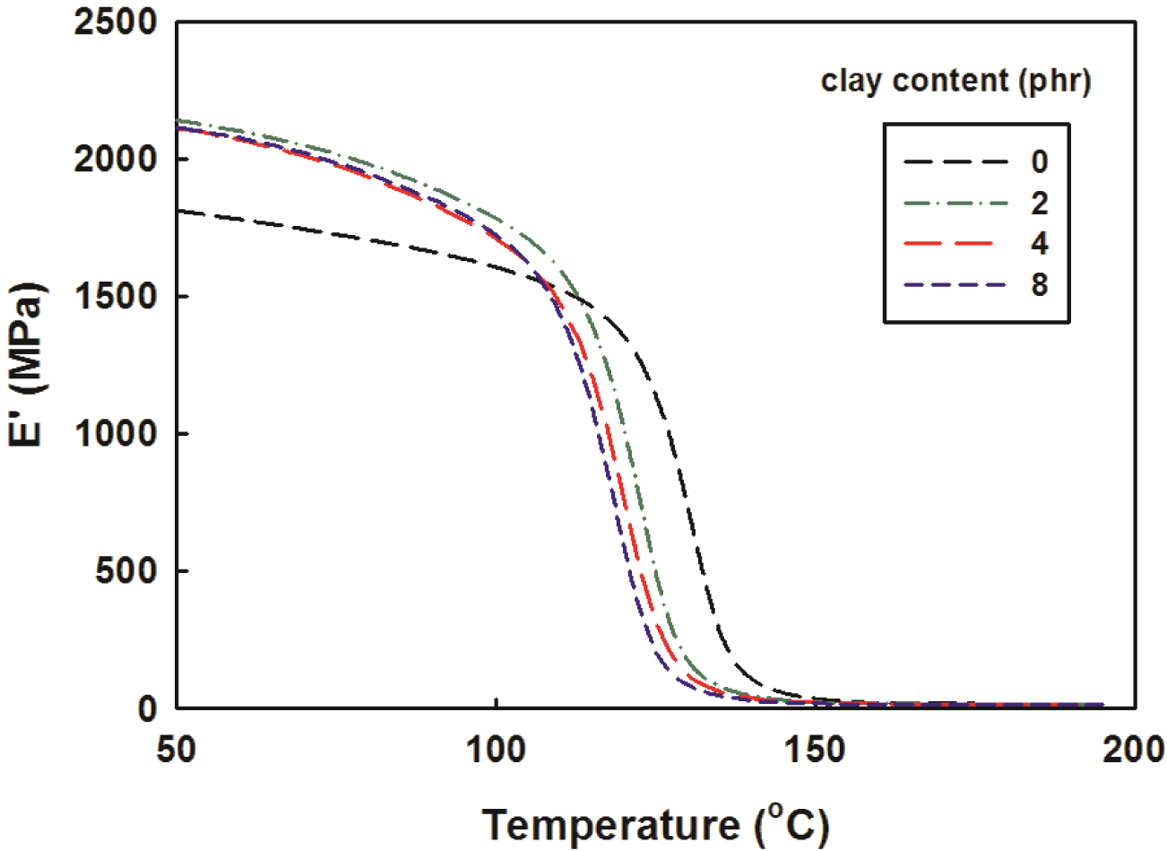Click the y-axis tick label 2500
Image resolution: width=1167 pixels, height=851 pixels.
pos(116,23)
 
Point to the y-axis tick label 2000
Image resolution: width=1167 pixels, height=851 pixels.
pos(116,160)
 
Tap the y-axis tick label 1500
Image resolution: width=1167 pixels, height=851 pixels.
pos(116,297)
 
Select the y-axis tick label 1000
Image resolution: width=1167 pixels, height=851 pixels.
pos(116,434)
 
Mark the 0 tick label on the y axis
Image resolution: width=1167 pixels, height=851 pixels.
pos(147,708)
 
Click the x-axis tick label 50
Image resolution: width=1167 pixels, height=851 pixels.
pos(177,749)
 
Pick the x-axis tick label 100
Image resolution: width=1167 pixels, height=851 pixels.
pos(496,749)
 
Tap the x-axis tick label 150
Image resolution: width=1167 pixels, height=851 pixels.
pos(816,749)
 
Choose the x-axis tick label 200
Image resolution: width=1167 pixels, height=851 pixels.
pos(1135,749)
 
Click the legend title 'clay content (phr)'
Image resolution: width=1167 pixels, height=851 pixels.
pos(955,82)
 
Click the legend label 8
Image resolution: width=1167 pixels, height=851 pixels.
pos(1039,286)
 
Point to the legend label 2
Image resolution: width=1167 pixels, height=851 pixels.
pos(1039,204)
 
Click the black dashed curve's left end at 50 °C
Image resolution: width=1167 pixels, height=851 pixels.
pos(178,212)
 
